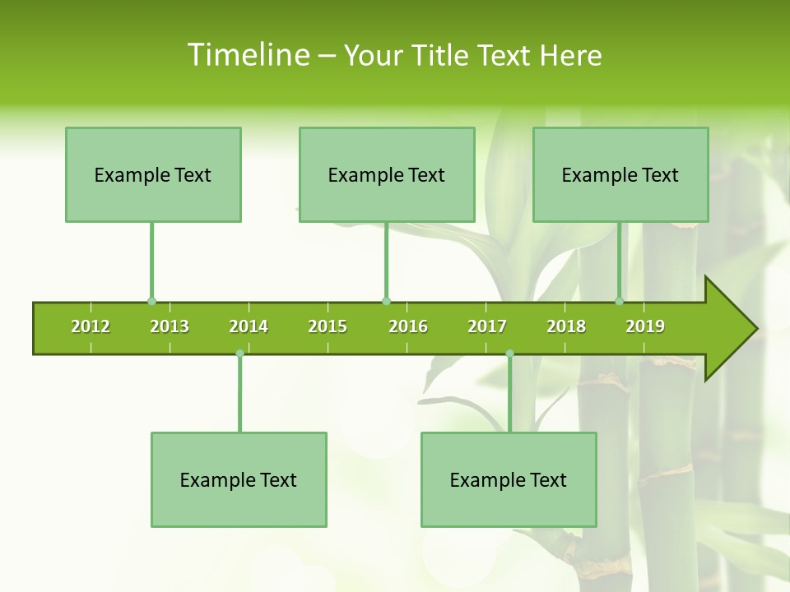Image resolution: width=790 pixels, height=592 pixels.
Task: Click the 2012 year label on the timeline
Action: click(x=91, y=326)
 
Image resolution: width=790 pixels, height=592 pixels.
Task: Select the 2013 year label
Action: click(x=170, y=326)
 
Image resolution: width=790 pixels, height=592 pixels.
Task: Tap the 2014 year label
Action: click(x=249, y=326)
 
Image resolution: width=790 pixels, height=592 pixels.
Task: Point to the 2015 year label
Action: click(x=328, y=326)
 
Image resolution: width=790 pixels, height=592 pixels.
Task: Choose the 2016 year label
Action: click(x=408, y=326)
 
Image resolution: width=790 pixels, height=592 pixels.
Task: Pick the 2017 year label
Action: click(x=487, y=326)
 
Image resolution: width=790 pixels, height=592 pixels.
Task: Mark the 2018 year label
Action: click(x=566, y=326)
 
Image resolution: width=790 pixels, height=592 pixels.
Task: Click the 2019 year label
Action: click(x=645, y=326)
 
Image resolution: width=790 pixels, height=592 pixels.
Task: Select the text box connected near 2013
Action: click(x=153, y=174)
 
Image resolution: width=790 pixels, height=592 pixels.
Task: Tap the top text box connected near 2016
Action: click(x=387, y=174)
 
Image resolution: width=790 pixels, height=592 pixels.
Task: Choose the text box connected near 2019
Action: click(x=620, y=174)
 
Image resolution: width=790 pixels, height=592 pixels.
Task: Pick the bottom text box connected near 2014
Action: click(x=239, y=479)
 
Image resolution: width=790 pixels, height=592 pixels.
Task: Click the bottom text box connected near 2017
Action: click(x=509, y=479)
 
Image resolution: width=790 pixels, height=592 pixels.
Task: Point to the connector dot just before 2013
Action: click(x=151, y=301)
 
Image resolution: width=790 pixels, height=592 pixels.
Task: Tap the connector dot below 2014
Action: click(x=239, y=353)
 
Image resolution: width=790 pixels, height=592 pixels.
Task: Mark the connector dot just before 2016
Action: click(x=386, y=301)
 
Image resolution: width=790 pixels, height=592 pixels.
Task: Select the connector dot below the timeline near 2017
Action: click(x=509, y=353)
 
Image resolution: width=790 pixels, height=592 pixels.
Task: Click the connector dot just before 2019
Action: click(x=619, y=301)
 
